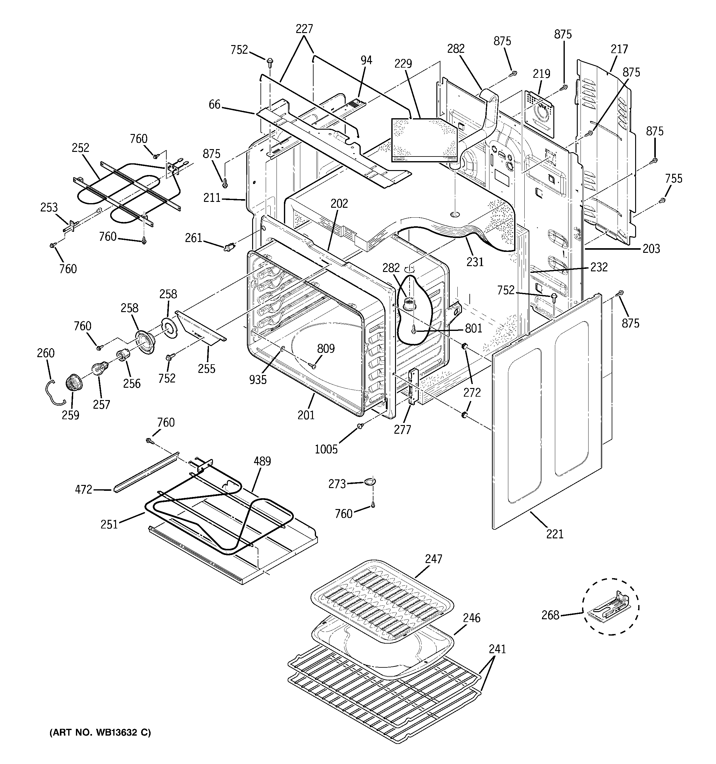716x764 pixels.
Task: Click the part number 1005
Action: [326, 449]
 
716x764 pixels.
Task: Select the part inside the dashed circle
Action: [610, 607]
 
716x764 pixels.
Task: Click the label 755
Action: [673, 178]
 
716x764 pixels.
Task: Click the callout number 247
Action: [434, 559]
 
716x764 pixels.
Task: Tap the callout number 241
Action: [497, 649]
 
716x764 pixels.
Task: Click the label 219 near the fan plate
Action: [542, 73]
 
